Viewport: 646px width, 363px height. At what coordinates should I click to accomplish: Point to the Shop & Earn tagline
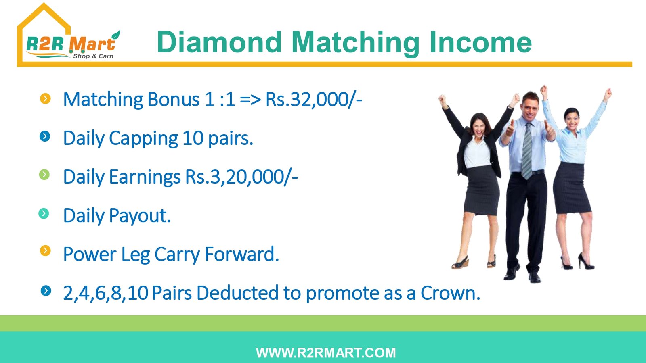93,56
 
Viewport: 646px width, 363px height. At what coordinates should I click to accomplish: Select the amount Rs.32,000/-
314,100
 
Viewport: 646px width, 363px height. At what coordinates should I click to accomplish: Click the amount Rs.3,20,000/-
241,177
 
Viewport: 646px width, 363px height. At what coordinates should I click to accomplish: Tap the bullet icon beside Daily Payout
44,213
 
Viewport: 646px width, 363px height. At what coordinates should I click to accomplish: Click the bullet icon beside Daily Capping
45,136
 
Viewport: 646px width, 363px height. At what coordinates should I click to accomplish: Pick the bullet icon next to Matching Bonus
45,98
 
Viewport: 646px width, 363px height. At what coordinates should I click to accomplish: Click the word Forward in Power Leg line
242,254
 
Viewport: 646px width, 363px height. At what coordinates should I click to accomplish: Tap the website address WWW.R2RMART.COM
326,353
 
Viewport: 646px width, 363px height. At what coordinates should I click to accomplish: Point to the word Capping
143,139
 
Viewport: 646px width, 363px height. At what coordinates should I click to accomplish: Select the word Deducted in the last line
238,293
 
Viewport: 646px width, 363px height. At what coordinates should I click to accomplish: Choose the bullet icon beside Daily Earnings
44,175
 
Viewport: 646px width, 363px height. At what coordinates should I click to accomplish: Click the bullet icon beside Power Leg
45,250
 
